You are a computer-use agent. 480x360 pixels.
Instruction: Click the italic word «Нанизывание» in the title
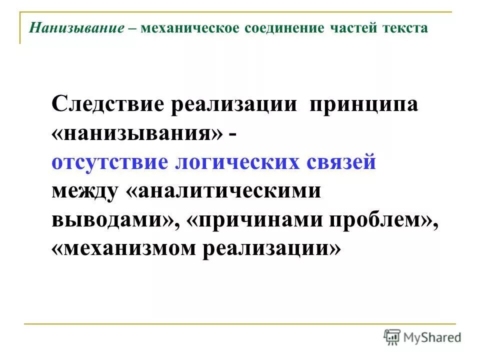coord(76,28)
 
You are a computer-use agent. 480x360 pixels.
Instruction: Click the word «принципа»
coord(363,106)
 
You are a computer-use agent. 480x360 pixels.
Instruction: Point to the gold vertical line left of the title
coord(20,27)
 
